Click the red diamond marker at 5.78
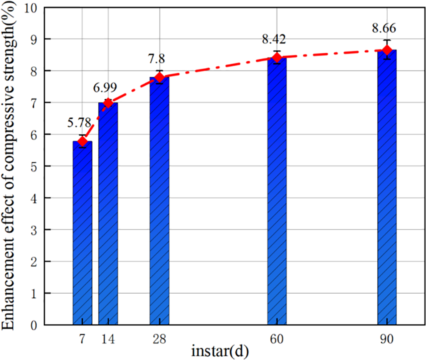click(82, 142)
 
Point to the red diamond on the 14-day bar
click(108, 103)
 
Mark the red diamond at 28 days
click(159, 77)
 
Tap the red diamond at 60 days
click(277, 57)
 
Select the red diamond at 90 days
click(387, 50)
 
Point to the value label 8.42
click(274, 39)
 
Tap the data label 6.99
click(105, 87)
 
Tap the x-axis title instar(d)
click(220, 352)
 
